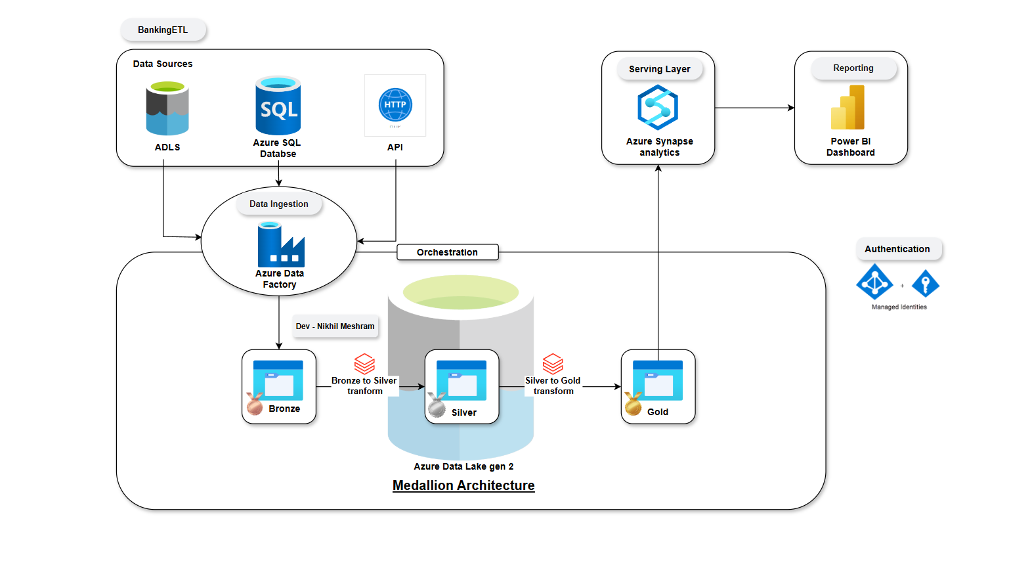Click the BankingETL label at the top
[163, 30]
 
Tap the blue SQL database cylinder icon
[278, 106]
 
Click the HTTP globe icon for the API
[395, 105]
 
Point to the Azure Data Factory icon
[281, 244]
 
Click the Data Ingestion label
[279, 204]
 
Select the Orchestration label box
[448, 252]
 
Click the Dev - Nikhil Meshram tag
[335, 326]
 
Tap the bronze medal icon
[255, 404]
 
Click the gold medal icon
[633, 404]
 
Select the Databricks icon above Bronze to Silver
[364, 364]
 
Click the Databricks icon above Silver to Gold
[553, 364]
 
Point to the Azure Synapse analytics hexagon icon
[658, 107]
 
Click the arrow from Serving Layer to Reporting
[754, 108]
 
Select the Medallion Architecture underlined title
[463, 485]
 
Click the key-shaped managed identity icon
[926, 284]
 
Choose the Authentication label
[897, 249]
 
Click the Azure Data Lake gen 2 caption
[463, 466]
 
